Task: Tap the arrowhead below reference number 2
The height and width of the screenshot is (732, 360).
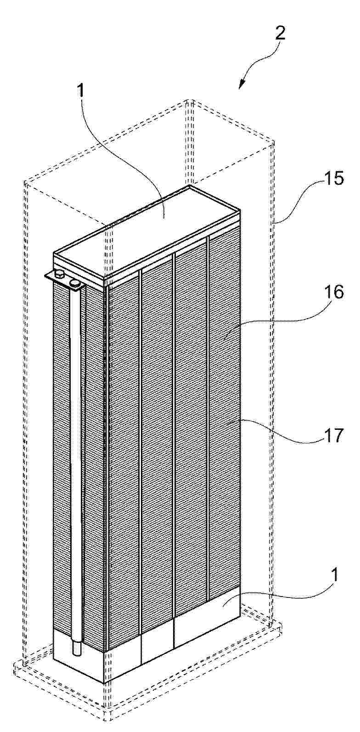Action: click(x=243, y=84)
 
